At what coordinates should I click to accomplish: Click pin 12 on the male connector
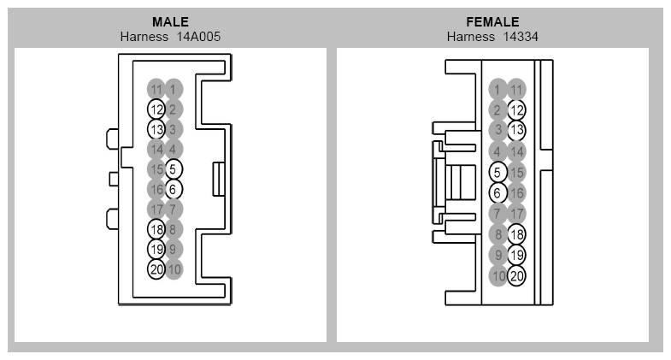pos(156,109)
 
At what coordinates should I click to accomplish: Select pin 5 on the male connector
pos(174,169)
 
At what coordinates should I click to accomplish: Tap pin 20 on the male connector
pos(156,269)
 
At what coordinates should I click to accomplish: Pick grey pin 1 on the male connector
pos(174,90)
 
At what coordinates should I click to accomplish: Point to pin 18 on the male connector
pos(156,229)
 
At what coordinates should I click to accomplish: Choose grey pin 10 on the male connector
pos(174,269)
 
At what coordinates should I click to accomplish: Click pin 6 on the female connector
pos(497,193)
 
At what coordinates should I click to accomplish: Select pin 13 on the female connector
pos(516,130)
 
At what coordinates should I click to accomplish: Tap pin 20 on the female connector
pos(516,275)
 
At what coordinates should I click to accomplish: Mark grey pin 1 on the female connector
pos(497,90)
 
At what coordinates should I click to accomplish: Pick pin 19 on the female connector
pos(516,255)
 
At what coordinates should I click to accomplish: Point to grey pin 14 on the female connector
pos(516,151)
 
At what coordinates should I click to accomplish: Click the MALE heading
pos(170,22)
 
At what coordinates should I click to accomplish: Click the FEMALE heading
pos(492,22)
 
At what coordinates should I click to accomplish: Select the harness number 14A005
pos(198,37)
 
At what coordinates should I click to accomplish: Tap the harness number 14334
pos(521,37)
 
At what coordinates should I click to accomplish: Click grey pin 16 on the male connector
pos(156,189)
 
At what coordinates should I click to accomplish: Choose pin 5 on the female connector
pos(497,172)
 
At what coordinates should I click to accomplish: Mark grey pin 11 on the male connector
pos(156,90)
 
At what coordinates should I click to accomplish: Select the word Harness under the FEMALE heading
pos(471,37)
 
